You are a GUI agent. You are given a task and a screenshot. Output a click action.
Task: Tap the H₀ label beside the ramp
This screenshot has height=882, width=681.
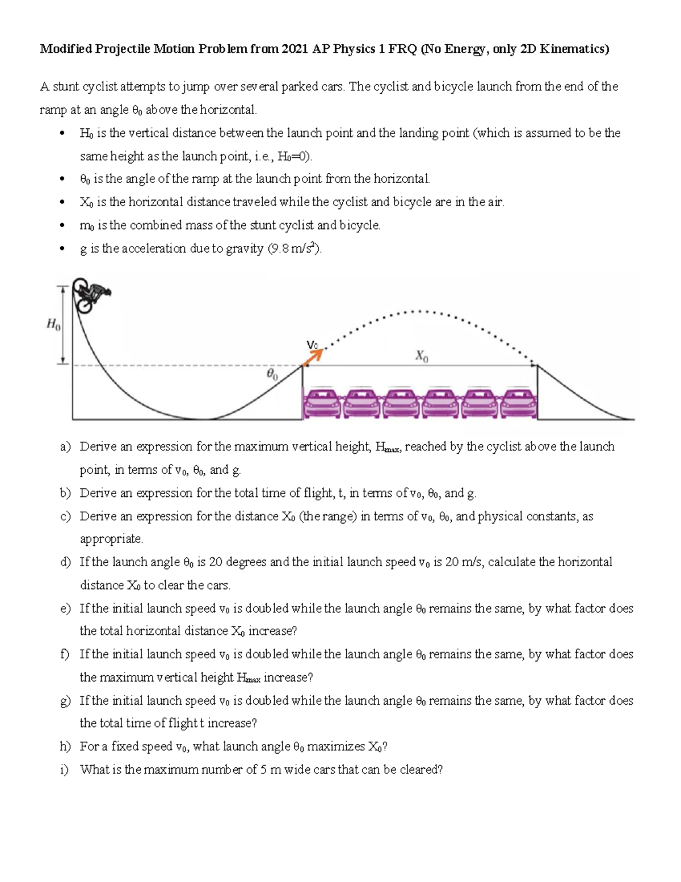click(53, 325)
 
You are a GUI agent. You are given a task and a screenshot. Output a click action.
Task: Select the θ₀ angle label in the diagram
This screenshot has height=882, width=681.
click(272, 374)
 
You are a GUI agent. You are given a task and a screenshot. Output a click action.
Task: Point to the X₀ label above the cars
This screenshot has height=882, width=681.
click(422, 356)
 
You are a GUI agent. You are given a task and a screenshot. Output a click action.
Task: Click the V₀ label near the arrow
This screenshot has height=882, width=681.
click(312, 345)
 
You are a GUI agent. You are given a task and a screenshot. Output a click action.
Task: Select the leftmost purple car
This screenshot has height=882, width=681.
click(322, 404)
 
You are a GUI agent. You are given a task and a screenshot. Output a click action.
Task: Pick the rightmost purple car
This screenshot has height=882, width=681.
click(518, 404)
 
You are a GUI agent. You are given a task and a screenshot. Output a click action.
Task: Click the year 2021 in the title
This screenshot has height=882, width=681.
click(295, 49)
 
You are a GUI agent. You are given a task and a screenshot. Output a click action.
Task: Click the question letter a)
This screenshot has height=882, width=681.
click(65, 447)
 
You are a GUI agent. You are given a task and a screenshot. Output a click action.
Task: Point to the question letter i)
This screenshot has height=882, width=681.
click(64, 770)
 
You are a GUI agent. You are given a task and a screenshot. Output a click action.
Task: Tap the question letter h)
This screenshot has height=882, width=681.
click(65, 746)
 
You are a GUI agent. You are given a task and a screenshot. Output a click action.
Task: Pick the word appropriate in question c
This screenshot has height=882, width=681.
click(111, 539)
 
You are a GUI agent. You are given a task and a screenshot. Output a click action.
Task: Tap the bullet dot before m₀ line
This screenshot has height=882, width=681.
click(62, 225)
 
